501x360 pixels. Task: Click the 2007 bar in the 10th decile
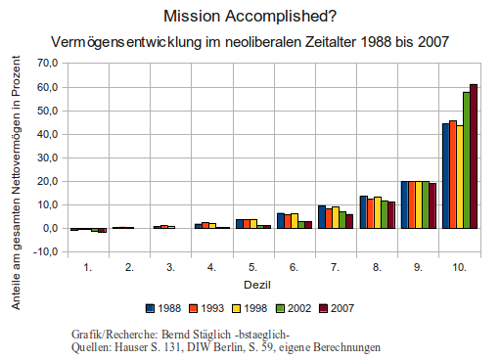pos(474,157)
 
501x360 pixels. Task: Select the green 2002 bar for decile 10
pos(467,160)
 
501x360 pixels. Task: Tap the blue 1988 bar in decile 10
pos(446,176)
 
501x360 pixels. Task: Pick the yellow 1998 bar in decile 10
pos(460,177)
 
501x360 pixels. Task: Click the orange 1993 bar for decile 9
pos(412,204)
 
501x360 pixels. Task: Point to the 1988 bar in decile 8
pos(364,212)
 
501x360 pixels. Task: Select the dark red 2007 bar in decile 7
pos(349,221)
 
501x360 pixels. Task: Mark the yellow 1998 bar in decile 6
pos(295,221)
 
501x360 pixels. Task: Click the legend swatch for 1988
pos(150,308)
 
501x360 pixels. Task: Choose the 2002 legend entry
pos(294,308)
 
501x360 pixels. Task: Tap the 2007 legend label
pos(342,308)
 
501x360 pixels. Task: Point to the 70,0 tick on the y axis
pos(48,63)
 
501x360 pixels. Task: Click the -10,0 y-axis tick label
pos(45,252)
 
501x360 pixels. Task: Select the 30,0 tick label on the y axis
pos(48,157)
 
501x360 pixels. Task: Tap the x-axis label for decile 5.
pos(252,267)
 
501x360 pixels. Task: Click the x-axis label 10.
pos(459,267)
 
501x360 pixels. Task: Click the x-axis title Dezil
pos(257,285)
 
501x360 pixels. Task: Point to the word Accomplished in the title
pos(281,17)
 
